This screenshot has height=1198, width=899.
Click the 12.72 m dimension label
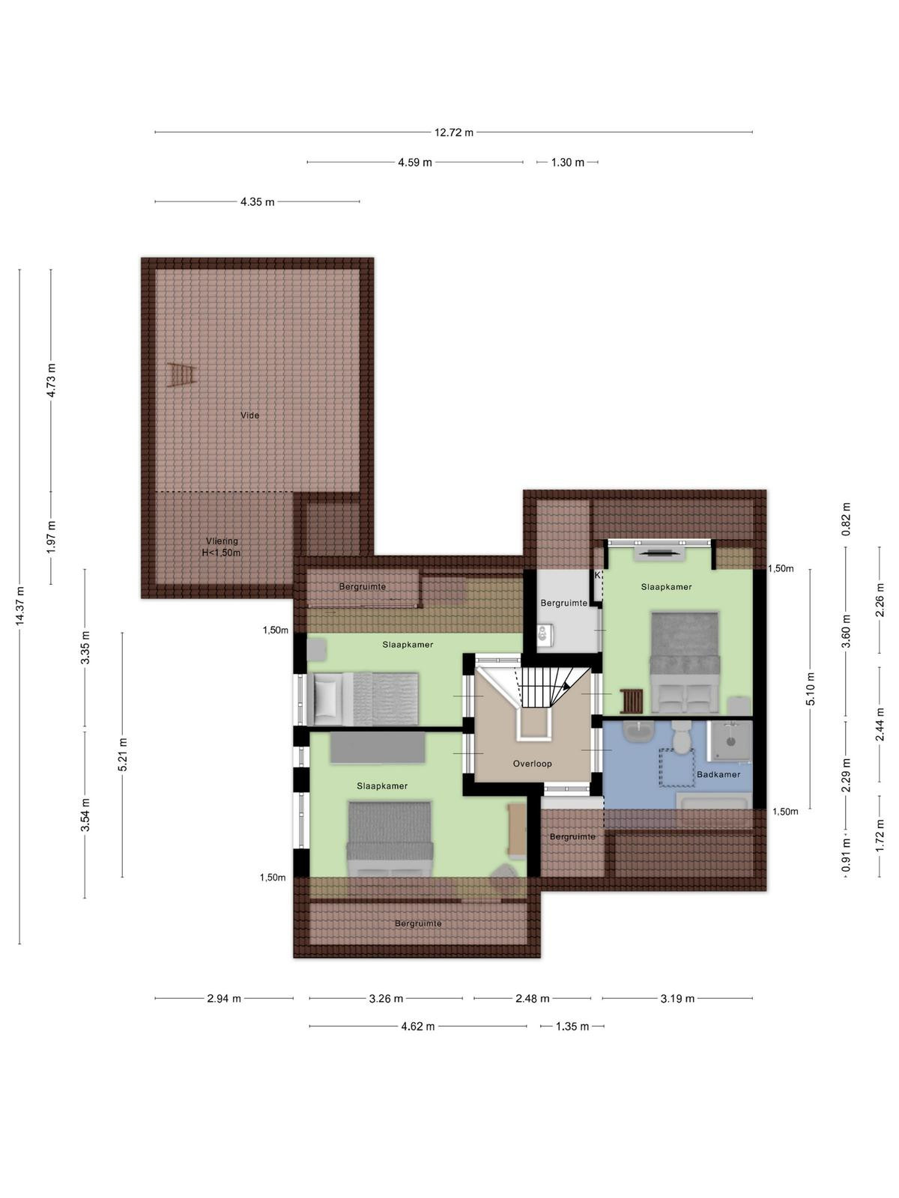pos(453,132)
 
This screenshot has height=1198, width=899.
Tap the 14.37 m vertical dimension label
pos(19,606)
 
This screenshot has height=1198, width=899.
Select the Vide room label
pos(250,416)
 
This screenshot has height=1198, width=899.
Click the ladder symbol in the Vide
pos(181,375)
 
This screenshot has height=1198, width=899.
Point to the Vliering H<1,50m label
pos(222,547)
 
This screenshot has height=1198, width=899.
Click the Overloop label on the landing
pos(532,764)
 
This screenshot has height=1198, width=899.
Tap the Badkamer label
pos(718,774)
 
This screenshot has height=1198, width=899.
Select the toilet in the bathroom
pos(681,737)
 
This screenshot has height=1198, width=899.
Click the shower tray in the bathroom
pos(730,740)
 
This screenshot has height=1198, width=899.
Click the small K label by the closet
pos(597,575)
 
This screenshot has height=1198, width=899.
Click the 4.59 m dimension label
pos(415,162)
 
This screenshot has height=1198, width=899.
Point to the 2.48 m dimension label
pos(532,999)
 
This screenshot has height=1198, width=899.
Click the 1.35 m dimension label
pos(572,1027)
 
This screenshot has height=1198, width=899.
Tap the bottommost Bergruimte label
pos(418,923)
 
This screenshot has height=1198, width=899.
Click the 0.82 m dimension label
pos(846,519)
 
